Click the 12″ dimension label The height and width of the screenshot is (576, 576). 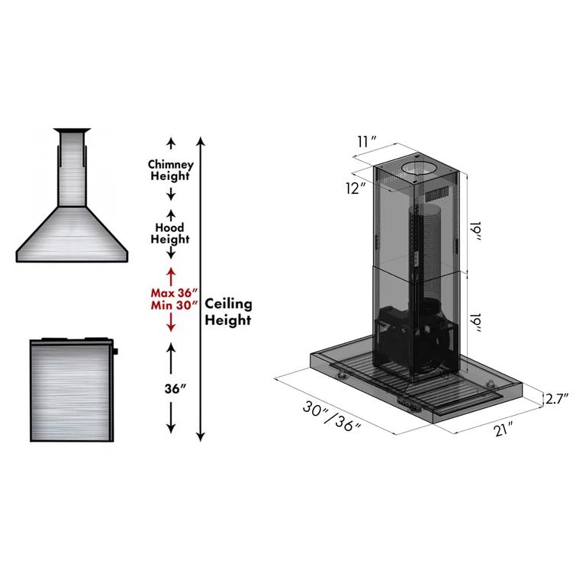pos(356,188)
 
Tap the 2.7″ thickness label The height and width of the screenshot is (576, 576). pos(557,398)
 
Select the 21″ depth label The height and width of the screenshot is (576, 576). pos(501,431)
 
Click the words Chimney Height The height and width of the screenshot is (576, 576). pos(170,169)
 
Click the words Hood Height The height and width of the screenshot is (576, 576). pos(170,233)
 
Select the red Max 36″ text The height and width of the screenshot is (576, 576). pos(172,292)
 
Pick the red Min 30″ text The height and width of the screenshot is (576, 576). pos(172,305)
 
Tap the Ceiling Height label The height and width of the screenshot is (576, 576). pos(228,312)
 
